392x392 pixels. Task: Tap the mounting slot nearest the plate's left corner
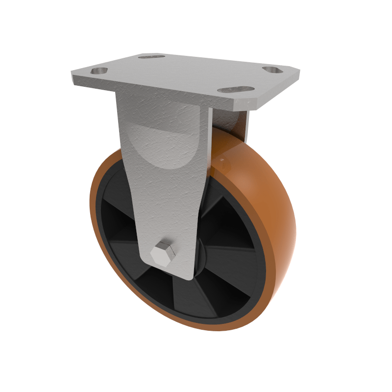tap(99, 71)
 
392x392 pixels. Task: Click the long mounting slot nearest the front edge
tap(236, 90)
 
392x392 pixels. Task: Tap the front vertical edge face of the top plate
tap(157, 93)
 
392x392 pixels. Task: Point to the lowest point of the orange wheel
tap(216, 330)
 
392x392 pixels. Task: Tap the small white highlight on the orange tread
tap(223, 160)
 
